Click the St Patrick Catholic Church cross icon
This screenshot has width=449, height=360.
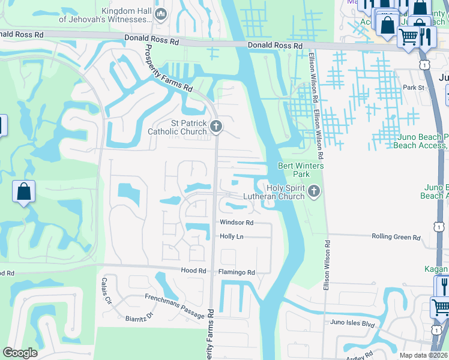tap(216, 126)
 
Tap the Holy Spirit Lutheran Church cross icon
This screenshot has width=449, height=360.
tap(313, 192)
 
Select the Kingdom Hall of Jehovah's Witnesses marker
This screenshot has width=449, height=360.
tap(160, 14)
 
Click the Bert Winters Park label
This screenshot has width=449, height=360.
tap(301, 170)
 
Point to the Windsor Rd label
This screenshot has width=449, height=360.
tap(237, 223)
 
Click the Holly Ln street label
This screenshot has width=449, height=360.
tap(232, 237)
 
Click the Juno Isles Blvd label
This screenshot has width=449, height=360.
tap(352, 323)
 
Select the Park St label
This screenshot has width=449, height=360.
tap(414, 88)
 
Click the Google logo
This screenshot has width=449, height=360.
tap(20, 353)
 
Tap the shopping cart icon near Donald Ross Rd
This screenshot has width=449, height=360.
tap(408, 37)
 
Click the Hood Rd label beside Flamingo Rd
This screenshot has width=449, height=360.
tap(193, 271)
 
